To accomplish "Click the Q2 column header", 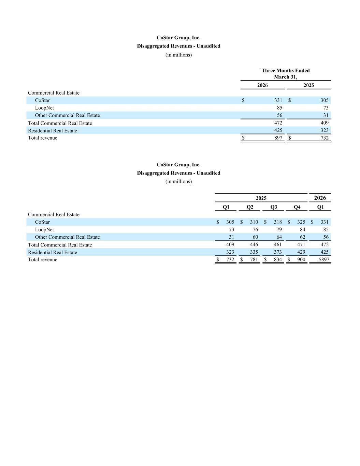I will (x=250, y=207).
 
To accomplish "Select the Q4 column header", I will (x=297, y=207).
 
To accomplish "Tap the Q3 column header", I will (x=274, y=207).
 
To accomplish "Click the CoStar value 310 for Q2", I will (x=254, y=222).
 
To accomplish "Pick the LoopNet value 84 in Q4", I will (x=302, y=229).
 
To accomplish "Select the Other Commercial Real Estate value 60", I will (x=255, y=237).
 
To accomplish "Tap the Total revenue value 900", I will (x=301, y=259).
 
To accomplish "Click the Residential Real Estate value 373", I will (x=278, y=252).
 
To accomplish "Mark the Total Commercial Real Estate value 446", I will (x=254, y=244).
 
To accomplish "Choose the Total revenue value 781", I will (x=254, y=259).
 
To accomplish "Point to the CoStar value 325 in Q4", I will (x=301, y=222).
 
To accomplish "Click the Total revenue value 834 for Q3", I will (x=278, y=259).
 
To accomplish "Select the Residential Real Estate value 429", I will (x=301, y=252).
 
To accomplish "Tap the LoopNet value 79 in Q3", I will (x=279, y=229).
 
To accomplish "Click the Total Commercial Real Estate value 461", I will (x=278, y=244).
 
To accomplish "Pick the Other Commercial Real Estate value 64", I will (x=279, y=237).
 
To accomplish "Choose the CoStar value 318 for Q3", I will (x=278, y=222).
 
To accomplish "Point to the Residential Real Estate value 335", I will (x=254, y=252).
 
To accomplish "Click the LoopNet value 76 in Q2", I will (x=255, y=229).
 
